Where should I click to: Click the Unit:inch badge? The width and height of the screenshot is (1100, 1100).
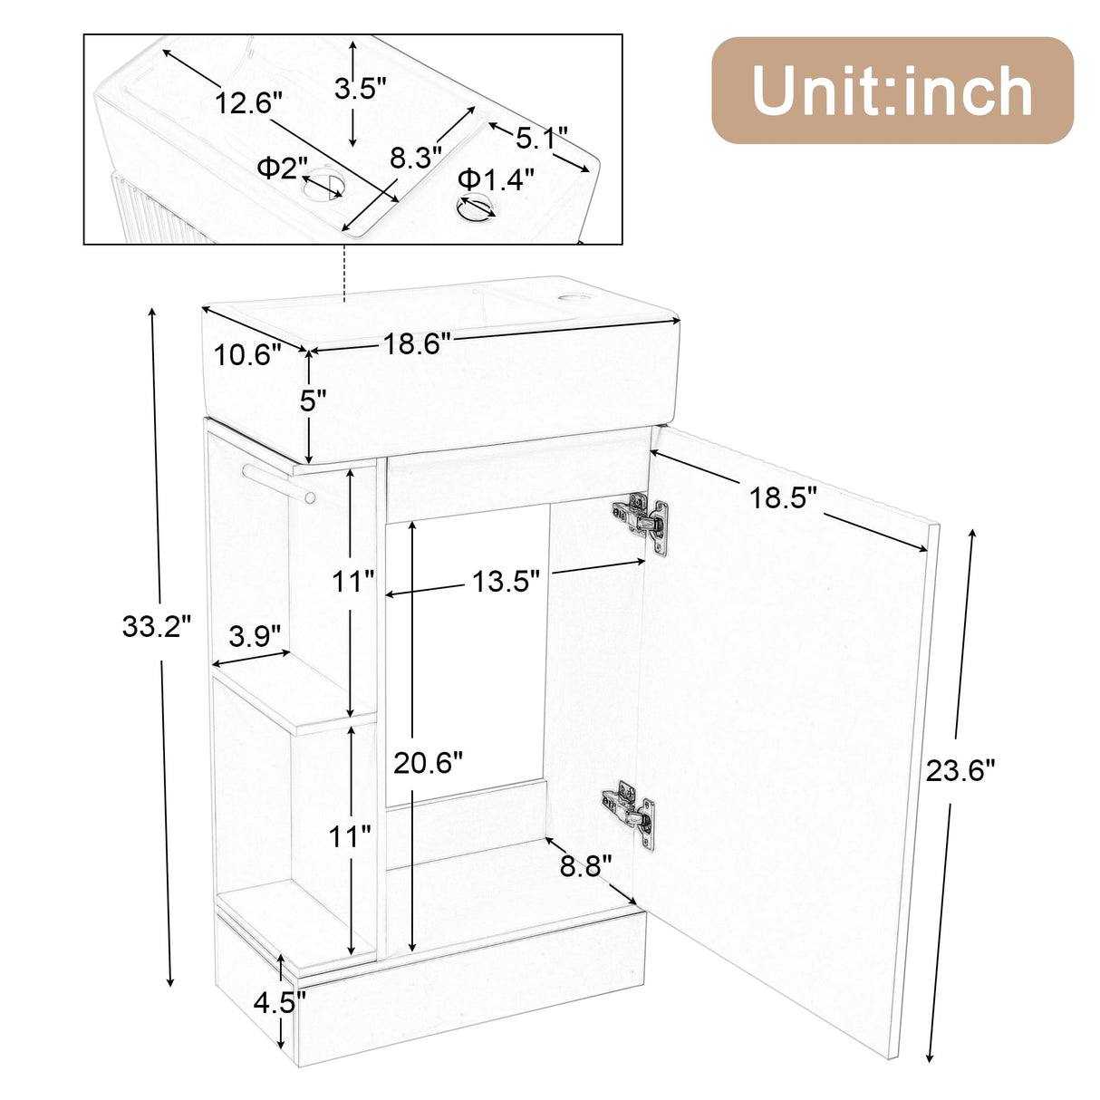(x=892, y=91)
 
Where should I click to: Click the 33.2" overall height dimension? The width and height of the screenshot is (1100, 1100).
(x=157, y=626)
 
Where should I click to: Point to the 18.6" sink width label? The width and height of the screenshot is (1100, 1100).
(x=416, y=343)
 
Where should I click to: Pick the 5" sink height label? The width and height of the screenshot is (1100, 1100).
(x=313, y=400)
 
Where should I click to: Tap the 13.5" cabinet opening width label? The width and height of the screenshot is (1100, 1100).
(x=505, y=581)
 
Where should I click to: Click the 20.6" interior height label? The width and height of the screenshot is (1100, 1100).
(x=428, y=763)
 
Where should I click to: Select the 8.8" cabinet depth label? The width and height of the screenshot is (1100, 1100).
(x=585, y=866)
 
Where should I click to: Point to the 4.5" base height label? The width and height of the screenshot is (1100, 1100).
(x=279, y=1002)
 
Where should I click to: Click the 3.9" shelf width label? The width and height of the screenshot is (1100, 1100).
(x=255, y=635)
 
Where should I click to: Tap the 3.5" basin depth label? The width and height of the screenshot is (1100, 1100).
(x=360, y=88)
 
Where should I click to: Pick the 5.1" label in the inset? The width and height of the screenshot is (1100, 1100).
(x=541, y=138)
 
